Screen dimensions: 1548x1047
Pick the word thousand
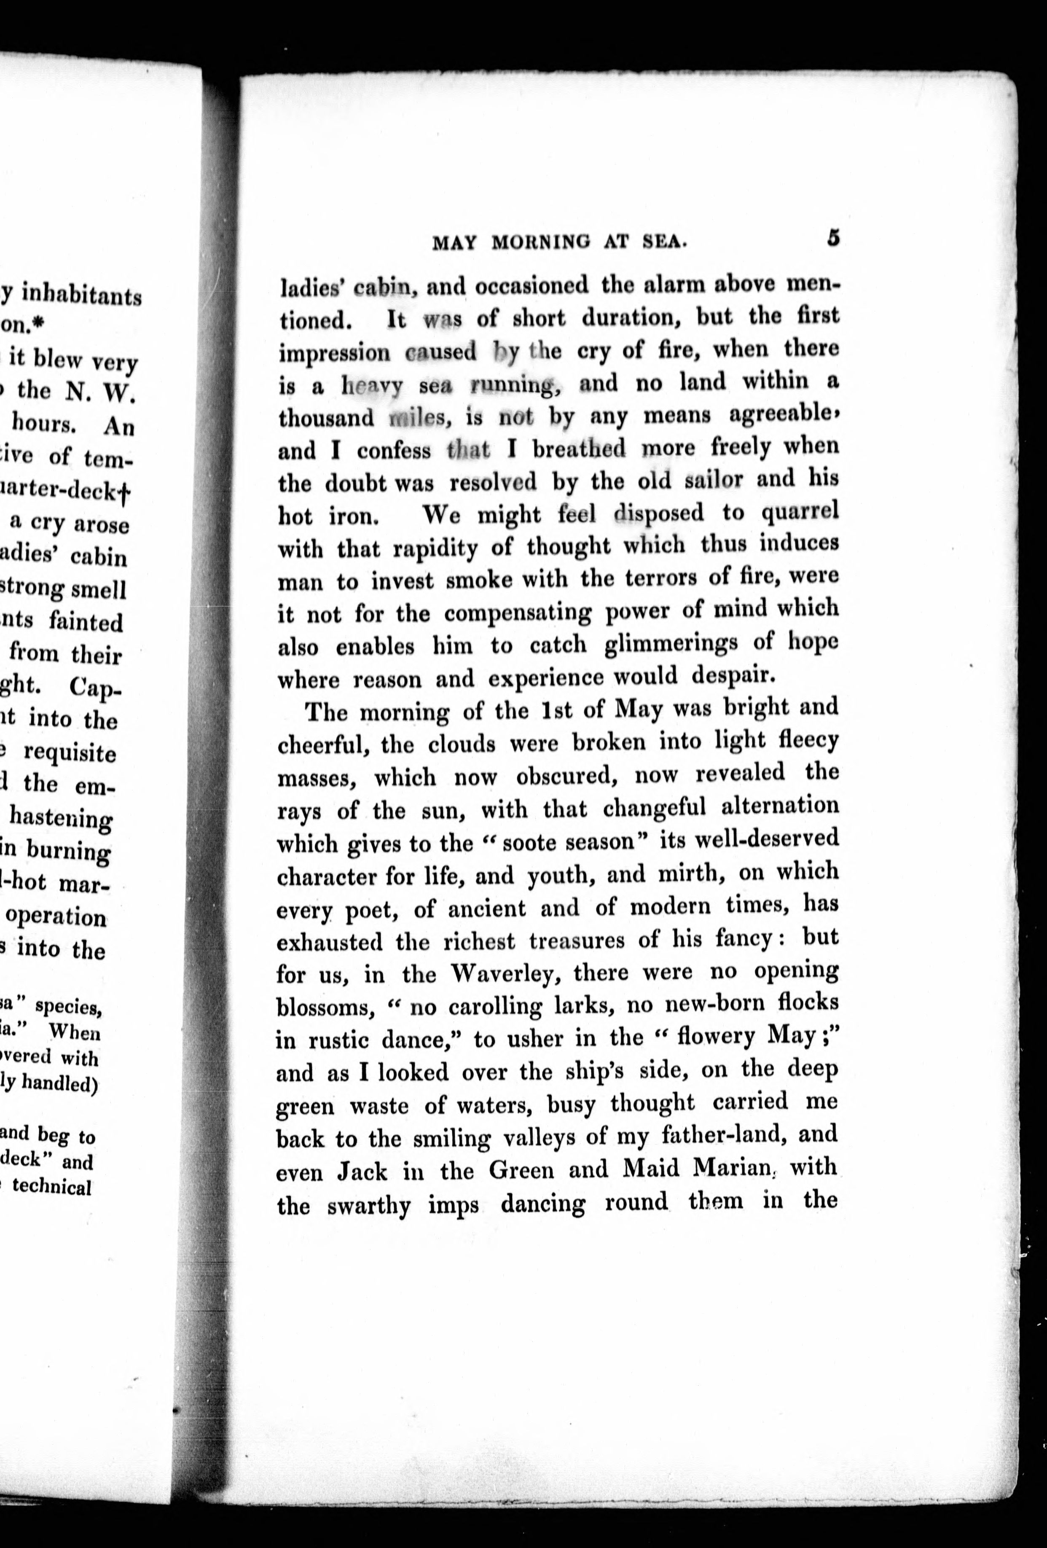pos(326,418)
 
